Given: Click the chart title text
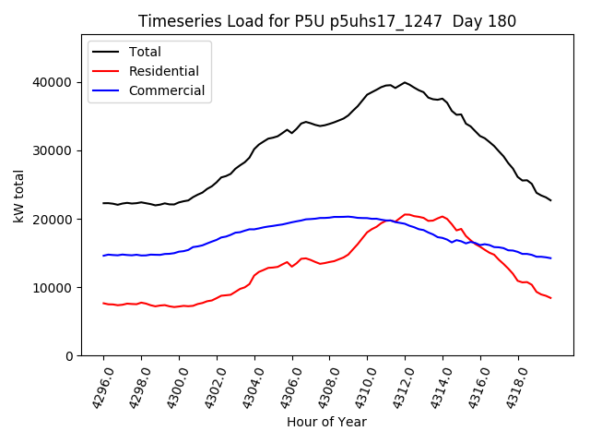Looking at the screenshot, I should pyautogui.click(x=327, y=21).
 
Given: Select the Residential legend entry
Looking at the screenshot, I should pyautogui.click(x=158, y=71).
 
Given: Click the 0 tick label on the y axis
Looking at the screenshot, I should pyautogui.click(x=69, y=355).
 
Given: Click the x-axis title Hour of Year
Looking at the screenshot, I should pyautogui.click(x=326, y=423).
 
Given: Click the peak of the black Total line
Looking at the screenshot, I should pyautogui.click(x=405, y=82).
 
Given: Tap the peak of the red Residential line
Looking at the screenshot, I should pyautogui.click(x=407, y=214).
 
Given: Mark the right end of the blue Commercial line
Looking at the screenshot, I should pyautogui.click(x=551, y=257).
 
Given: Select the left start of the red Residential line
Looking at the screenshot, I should pyautogui.click(x=103, y=303).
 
